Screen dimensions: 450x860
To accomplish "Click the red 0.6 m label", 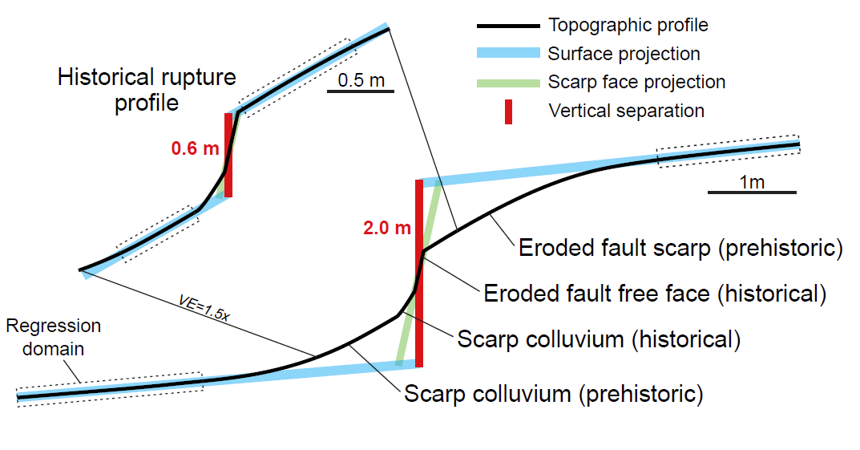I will (x=194, y=148).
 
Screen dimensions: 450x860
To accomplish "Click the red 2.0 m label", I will (x=386, y=228).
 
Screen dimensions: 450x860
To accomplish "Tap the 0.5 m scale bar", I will (x=361, y=91).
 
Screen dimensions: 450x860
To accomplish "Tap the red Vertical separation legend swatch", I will (x=507, y=111).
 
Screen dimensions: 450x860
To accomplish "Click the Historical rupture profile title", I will (x=147, y=90).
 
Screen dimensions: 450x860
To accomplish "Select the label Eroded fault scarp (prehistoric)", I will (x=680, y=248).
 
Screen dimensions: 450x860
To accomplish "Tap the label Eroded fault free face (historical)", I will (x=654, y=293).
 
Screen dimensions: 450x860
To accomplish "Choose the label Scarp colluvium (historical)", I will (x=598, y=339).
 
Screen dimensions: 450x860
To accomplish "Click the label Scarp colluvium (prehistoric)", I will (x=553, y=394).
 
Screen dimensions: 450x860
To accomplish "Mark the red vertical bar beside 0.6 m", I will (x=228, y=155).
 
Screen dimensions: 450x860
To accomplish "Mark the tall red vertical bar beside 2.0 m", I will (x=418, y=273).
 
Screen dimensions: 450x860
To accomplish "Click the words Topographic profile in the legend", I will (x=628, y=25).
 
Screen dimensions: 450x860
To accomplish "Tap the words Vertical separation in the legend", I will (x=626, y=111).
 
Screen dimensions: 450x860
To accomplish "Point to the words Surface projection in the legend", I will (x=624, y=54).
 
